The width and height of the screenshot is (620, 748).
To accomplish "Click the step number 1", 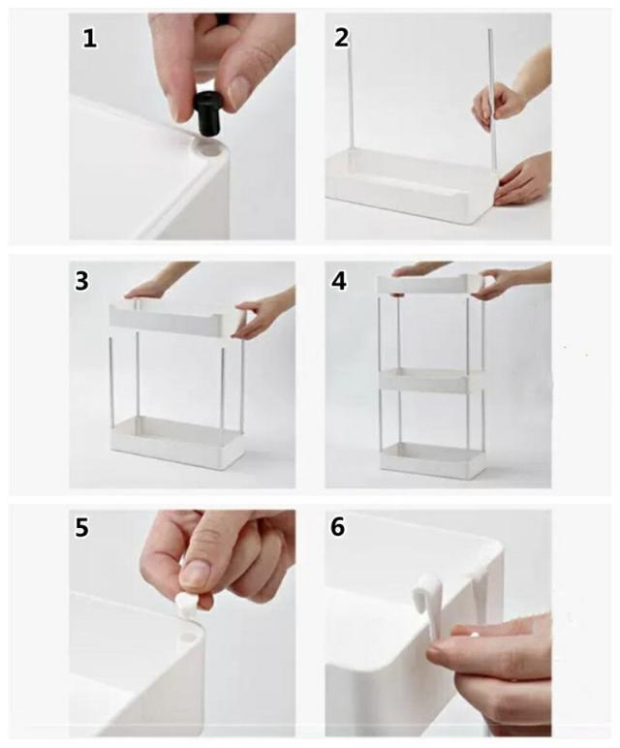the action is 89,38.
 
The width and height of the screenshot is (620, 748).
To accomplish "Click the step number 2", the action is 341,38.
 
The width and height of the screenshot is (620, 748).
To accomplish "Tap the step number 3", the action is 81,281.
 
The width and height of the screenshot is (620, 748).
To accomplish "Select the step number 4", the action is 339,281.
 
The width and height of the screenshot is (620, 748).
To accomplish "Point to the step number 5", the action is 81,528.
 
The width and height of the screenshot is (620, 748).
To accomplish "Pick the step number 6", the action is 338,527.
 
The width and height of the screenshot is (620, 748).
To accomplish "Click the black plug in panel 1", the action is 209,115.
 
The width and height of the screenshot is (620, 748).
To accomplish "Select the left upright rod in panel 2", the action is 351,90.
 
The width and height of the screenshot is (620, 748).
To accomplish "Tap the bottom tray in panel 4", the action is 433,460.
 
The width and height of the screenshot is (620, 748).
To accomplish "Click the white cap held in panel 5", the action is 187,605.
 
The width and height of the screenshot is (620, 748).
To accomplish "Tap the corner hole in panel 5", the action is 187,638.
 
